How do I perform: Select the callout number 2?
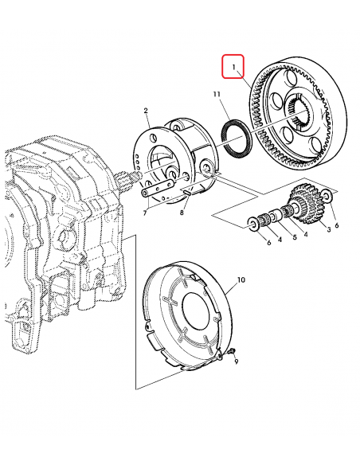pyautogui.click(x=146, y=111)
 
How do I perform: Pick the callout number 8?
pyautogui.click(x=182, y=213)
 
